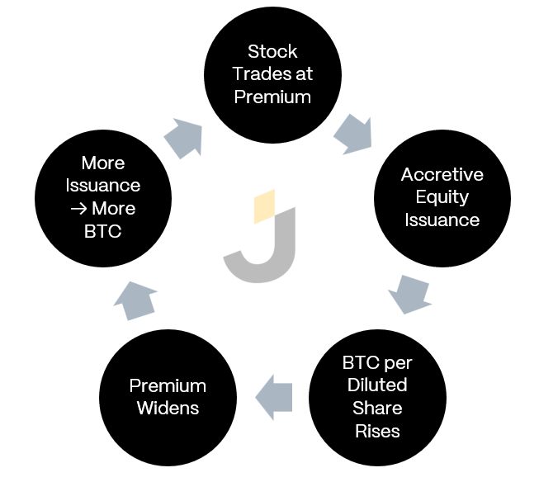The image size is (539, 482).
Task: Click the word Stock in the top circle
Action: pos(272,51)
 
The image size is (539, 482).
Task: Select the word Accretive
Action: pos(442,175)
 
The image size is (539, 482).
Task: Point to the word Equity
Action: pos(442,198)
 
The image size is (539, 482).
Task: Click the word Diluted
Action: pos(377,385)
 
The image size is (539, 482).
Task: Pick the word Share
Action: pos(377,408)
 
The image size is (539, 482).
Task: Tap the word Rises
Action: pos(377,431)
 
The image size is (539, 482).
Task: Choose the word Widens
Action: pos(168,408)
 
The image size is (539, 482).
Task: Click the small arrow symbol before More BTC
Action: pos(78,209)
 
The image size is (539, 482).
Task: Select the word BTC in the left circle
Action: pos(103,231)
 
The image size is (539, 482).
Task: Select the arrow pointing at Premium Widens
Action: pos(274,398)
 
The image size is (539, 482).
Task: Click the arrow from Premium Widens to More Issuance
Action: pos(135,300)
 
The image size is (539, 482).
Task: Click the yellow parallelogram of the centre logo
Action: pos(264,206)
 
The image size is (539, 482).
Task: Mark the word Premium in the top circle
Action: pos(272,97)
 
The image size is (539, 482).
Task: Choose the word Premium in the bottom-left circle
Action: pos(168,385)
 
